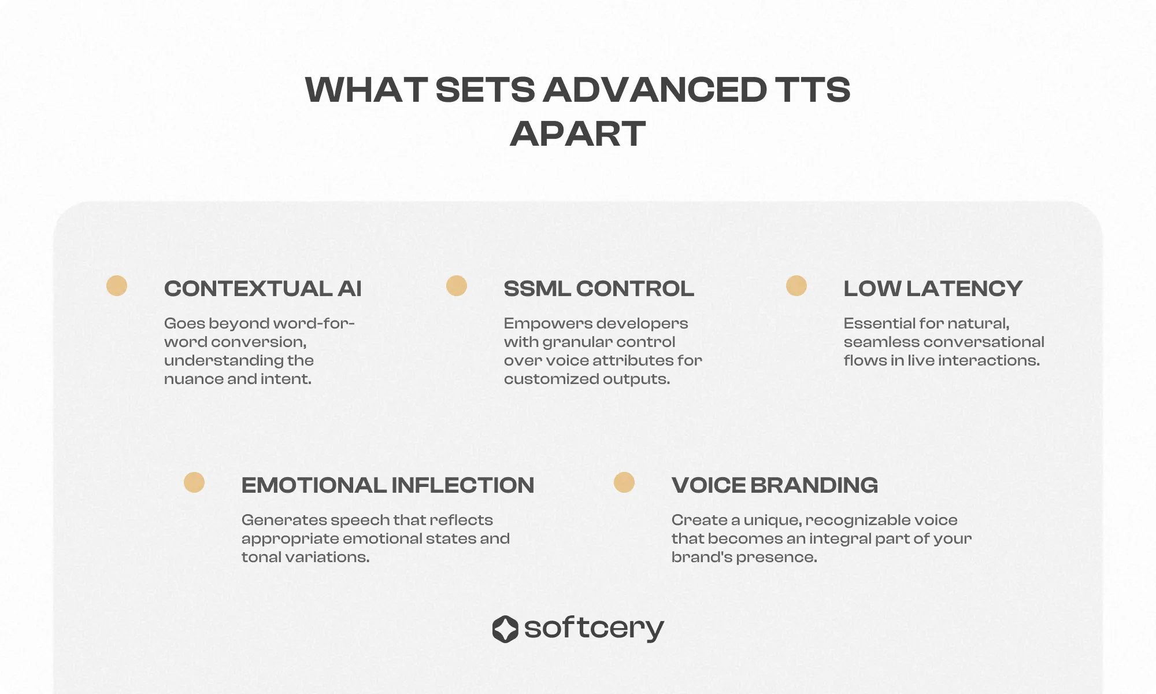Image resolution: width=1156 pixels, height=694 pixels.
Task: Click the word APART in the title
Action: pyautogui.click(x=577, y=134)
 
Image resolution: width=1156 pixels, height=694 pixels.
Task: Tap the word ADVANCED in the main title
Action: pyautogui.click(x=655, y=90)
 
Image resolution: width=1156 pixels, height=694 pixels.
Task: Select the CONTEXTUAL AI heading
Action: pyautogui.click(x=263, y=289)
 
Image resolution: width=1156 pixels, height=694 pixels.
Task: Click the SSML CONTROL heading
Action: pyautogui.click(x=599, y=289)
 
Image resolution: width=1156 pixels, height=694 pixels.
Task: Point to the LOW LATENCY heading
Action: pyautogui.click(x=933, y=289)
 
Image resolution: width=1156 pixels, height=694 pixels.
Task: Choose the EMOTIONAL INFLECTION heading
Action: pyautogui.click(x=388, y=485)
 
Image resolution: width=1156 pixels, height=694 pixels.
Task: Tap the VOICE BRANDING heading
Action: pyautogui.click(x=775, y=485)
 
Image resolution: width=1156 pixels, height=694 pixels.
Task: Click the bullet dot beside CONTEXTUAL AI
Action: pyautogui.click(x=117, y=286)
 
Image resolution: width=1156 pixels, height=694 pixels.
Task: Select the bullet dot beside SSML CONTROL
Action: pyautogui.click(x=457, y=286)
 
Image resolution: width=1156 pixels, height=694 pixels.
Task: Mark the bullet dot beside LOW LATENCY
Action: pyautogui.click(x=796, y=286)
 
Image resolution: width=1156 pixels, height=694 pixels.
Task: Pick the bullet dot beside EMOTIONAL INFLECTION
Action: pyautogui.click(x=194, y=482)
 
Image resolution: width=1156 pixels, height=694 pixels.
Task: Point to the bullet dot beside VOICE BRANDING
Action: pyautogui.click(x=624, y=482)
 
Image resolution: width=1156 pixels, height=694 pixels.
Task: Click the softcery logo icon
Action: pyautogui.click(x=505, y=629)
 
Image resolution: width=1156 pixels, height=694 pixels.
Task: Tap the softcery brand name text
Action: pyautogui.click(x=594, y=629)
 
